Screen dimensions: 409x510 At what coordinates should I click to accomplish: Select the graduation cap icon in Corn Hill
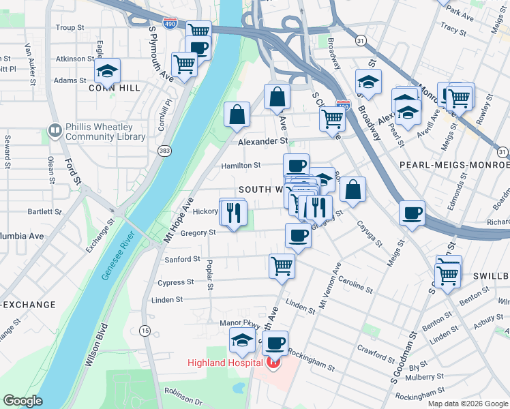point(107,71)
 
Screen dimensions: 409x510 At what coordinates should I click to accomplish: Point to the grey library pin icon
point(55,130)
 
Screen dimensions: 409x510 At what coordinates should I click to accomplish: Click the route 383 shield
point(164,151)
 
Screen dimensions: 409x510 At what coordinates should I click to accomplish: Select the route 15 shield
point(145,331)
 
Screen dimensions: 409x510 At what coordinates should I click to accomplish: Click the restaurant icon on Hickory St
point(233,213)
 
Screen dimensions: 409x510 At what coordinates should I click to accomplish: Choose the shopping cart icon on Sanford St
point(282,266)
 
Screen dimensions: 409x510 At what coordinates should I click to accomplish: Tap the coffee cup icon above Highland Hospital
point(275,343)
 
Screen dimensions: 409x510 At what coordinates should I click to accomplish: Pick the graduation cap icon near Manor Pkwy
point(242,339)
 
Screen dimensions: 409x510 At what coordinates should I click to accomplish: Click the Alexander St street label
point(263,141)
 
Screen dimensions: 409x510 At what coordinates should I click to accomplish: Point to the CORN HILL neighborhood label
point(115,88)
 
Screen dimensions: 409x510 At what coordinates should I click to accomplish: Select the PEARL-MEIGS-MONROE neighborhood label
point(464,165)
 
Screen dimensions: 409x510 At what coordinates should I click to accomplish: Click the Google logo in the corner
point(22,401)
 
